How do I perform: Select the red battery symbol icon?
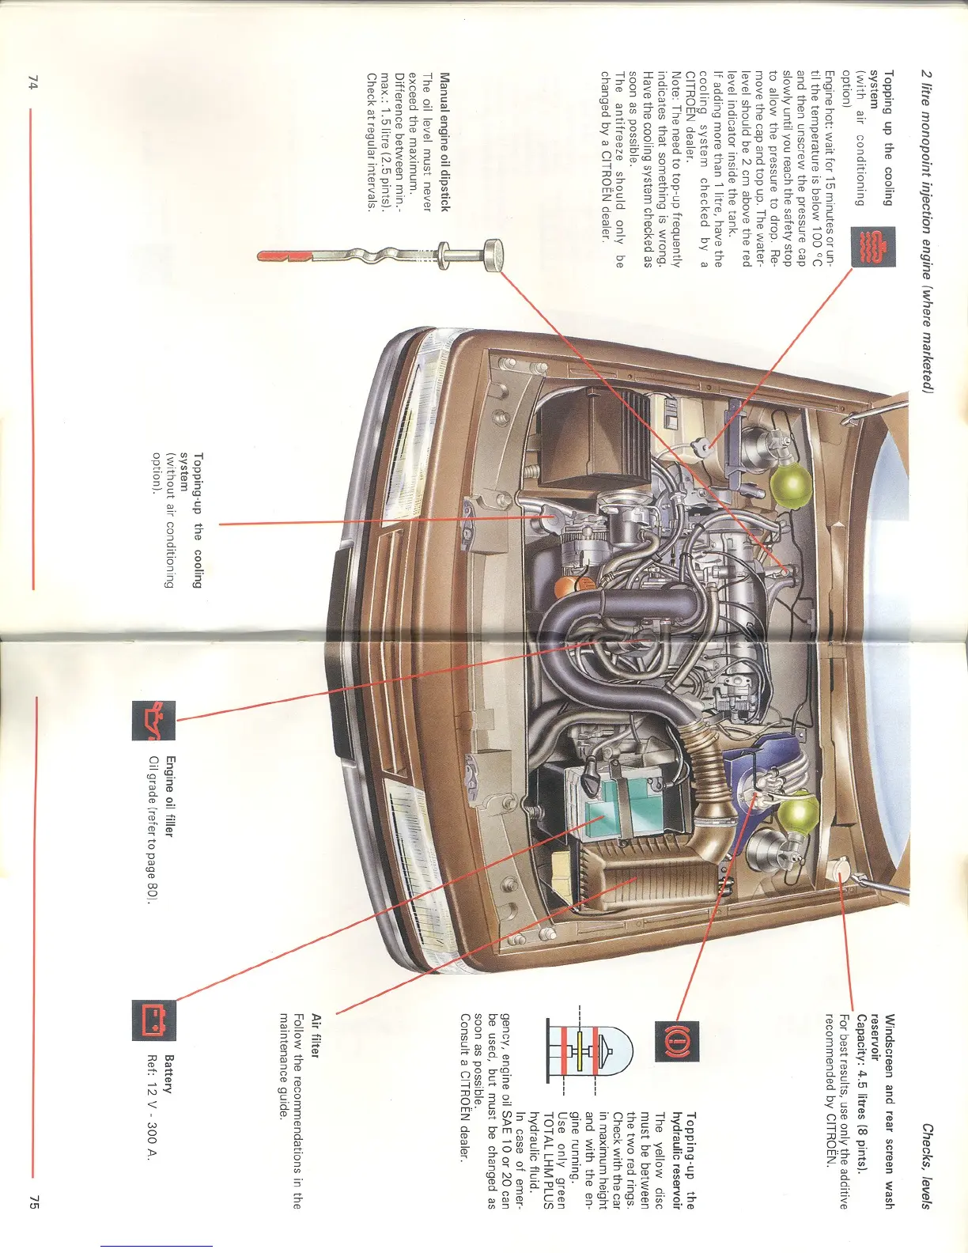coord(153,1020)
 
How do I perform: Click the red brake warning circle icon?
coord(676,1042)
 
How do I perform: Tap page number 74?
coord(32,82)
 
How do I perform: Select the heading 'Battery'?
coord(168,1073)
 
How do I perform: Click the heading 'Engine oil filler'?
coord(168,796)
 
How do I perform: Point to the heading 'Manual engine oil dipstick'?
coord(444,142)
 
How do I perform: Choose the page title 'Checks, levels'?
coord(927,1167)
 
